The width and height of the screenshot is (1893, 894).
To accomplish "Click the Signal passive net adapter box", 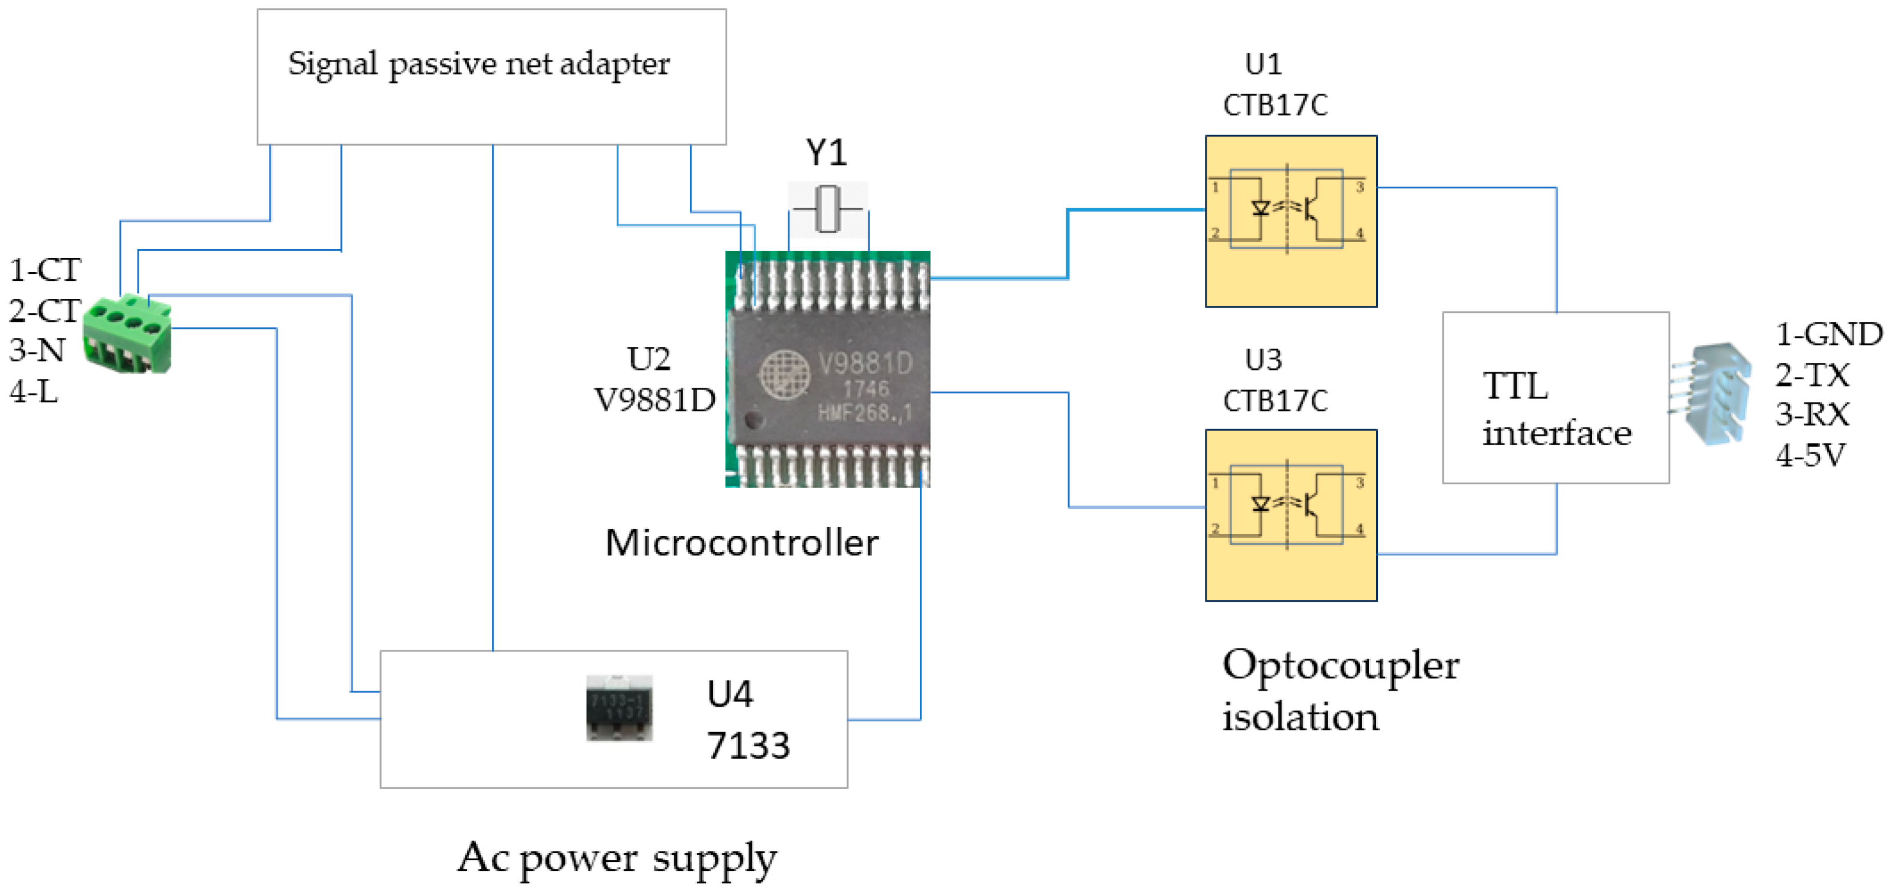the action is tap(491, 76).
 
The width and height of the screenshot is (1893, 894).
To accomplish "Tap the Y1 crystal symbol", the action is tap(828, 209).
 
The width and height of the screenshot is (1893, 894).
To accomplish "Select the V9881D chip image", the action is tap(827, 369).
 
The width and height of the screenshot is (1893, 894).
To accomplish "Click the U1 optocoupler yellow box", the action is tap(1291, 221).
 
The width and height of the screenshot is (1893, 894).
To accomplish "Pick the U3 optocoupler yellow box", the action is tap(1291, 515).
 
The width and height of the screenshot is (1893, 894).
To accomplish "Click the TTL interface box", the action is tap(1556, 398).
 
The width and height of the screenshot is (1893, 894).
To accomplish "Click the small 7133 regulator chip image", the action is tap(619, 708).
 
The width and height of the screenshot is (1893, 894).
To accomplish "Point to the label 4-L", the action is tap(34, 392).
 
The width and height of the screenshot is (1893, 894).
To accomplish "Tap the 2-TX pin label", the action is tap(1813, 375).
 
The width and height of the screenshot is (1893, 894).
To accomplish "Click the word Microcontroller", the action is tap(741, 542).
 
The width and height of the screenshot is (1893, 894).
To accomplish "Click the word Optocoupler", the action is tap(1341, 667).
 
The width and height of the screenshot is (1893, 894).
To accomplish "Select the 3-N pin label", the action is tap(37, 350).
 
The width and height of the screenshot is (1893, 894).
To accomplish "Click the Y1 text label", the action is tap(827, 153).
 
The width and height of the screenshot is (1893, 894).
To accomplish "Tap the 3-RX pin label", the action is tap(1813, 414).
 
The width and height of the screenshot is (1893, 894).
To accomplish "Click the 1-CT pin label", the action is tap(45, 270).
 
